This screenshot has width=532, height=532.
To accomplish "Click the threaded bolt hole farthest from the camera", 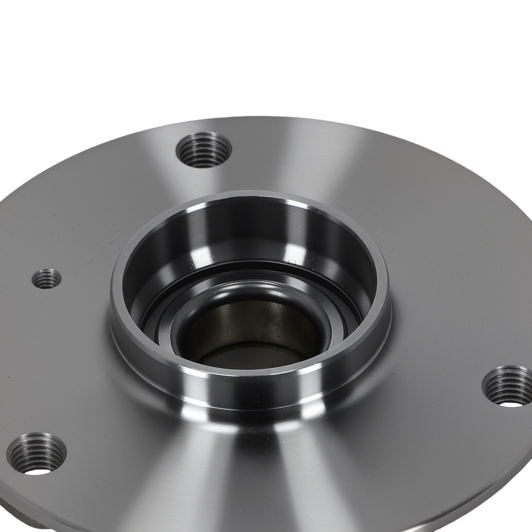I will pyautogui.click(x=203, y=149).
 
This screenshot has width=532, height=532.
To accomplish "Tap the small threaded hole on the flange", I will pyautogui.click(x=47, y=278).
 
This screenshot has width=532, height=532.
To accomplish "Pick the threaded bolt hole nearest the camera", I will pyautogui.click(x=36, y=454).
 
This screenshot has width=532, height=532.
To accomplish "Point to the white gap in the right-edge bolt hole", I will pyautogui.click(x=512, y=404).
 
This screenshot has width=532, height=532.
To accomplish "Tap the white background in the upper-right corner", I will pyautogui.click(x=479, y=43).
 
